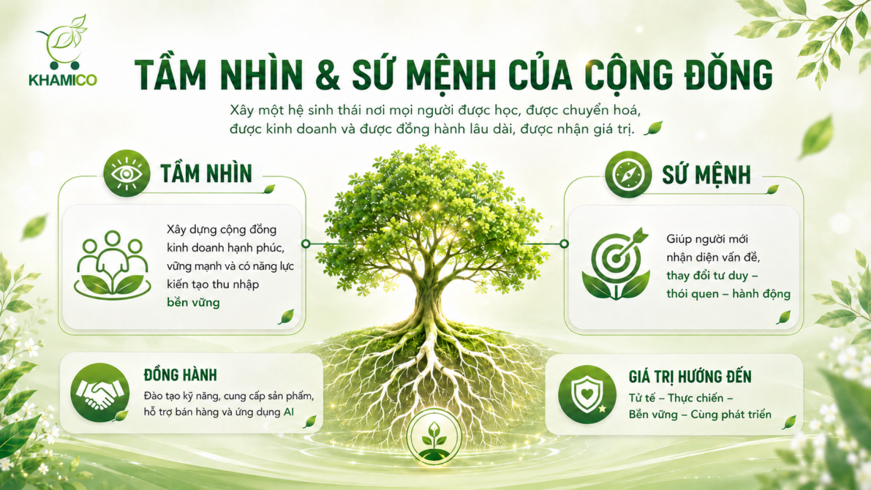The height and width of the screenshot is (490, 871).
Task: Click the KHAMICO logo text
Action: point(63,80)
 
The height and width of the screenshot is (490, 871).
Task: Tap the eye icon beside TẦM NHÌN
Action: point(127,174)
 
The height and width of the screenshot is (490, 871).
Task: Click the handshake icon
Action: point(100,393)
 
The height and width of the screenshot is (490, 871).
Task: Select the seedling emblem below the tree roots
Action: point(434,437)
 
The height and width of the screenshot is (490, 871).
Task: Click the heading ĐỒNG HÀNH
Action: point(180,375)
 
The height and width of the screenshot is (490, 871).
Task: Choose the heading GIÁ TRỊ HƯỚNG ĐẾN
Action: point(690,377)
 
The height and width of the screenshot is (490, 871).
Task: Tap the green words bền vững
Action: point(193,303)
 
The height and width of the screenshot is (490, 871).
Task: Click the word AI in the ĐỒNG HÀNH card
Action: point(289,412)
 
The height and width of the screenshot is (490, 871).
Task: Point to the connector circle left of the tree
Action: point(306,244)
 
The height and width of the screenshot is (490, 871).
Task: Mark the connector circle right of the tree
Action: point(564,244)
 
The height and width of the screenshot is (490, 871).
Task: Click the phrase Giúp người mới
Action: point(707,239)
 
